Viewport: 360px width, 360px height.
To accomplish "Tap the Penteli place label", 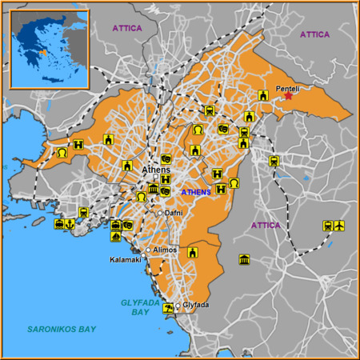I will pos(287,87).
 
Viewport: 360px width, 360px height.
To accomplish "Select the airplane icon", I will pos(339,226).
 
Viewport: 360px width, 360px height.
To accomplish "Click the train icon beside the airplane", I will pos(327,226).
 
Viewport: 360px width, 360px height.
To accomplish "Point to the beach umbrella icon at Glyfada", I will pos(168,308).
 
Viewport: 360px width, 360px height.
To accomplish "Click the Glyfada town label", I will pos(195,305).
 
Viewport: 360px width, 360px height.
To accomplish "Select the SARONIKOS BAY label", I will pos(61,329).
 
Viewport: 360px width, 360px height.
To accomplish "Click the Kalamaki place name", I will pos(126,260).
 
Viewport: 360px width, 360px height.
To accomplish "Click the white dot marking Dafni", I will pos(160,213).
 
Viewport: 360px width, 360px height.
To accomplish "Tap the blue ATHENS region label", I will pos(196,193).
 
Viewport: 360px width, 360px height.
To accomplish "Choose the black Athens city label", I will pos(155,170).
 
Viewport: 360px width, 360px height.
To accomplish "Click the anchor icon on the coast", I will pos(70,224).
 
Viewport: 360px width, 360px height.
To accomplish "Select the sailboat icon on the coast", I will pos(116,237).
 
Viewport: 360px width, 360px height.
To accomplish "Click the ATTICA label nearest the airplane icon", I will pos(266,226).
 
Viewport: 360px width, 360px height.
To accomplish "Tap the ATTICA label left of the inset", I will pos(126,28).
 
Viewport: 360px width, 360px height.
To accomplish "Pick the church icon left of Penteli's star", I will pos(262,96).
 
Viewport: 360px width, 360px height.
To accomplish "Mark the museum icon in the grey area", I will pos(244,259).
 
